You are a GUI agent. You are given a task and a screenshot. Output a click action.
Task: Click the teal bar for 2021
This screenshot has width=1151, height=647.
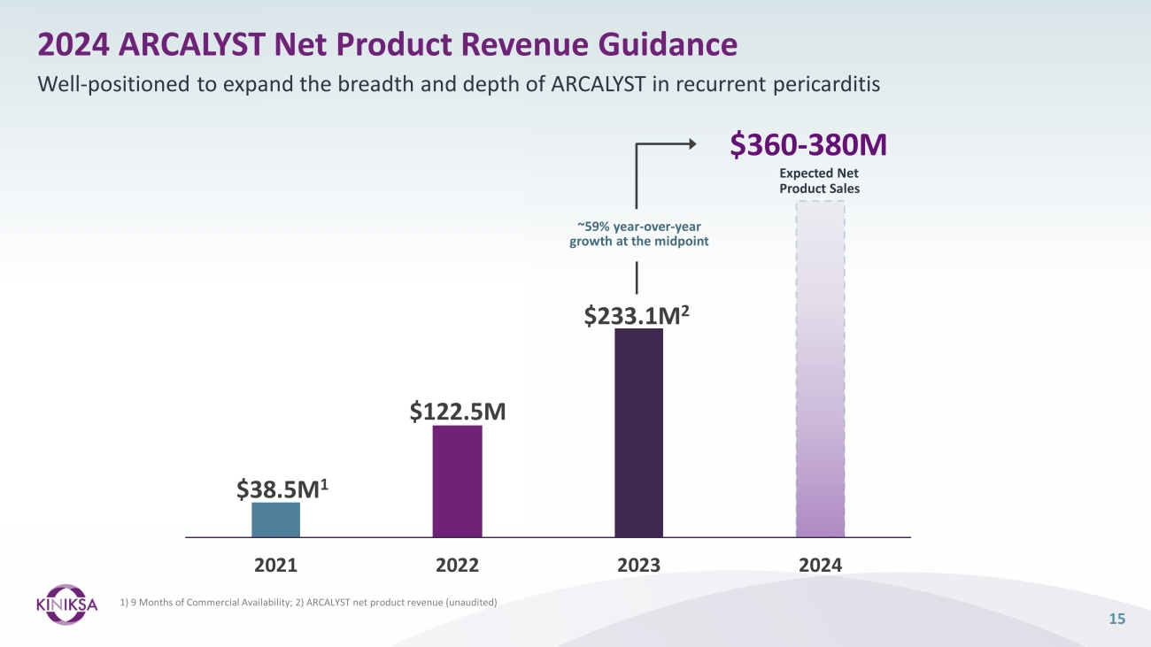click(x=275, y=520)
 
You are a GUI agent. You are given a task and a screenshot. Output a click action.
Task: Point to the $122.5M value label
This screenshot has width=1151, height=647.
click(x=457, y=411)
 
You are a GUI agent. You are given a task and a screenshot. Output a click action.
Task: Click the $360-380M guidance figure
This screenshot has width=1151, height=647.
click(x=808, y=145)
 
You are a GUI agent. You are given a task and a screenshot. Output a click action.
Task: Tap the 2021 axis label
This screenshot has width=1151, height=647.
click(x=275, y=564)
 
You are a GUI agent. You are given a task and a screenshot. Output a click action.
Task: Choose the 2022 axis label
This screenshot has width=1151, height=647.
click(x=457, y=564)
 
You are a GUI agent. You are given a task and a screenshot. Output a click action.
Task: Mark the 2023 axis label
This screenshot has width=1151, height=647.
click(x=638, y=564)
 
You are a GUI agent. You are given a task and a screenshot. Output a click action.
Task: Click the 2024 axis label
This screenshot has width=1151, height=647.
click(x=820, y=564)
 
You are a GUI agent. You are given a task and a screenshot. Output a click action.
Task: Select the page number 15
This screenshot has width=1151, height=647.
click(x=1116, y=619)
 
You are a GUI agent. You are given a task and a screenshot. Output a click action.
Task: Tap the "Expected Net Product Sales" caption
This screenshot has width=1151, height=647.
click(x=819, y=181)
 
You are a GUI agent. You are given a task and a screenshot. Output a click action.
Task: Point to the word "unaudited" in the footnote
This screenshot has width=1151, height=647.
click(x=472, y=603)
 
